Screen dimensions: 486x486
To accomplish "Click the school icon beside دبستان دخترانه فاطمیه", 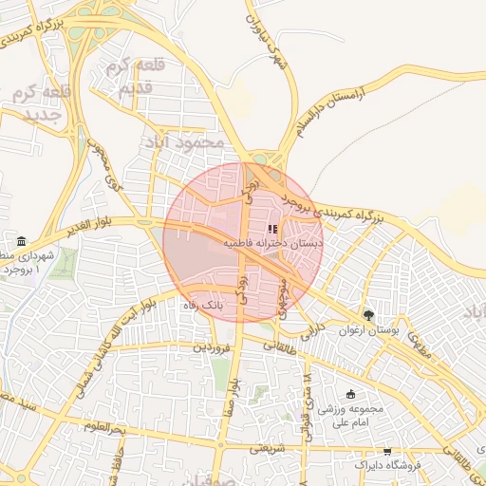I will [x=273, y=229].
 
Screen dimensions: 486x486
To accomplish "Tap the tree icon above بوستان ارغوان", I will [x=368, y=314].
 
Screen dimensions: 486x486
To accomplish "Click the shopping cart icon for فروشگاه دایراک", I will [x=386, y=452].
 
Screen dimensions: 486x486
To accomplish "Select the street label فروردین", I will [x=211, y=347].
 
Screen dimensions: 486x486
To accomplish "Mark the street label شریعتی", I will [x=268, y=449].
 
